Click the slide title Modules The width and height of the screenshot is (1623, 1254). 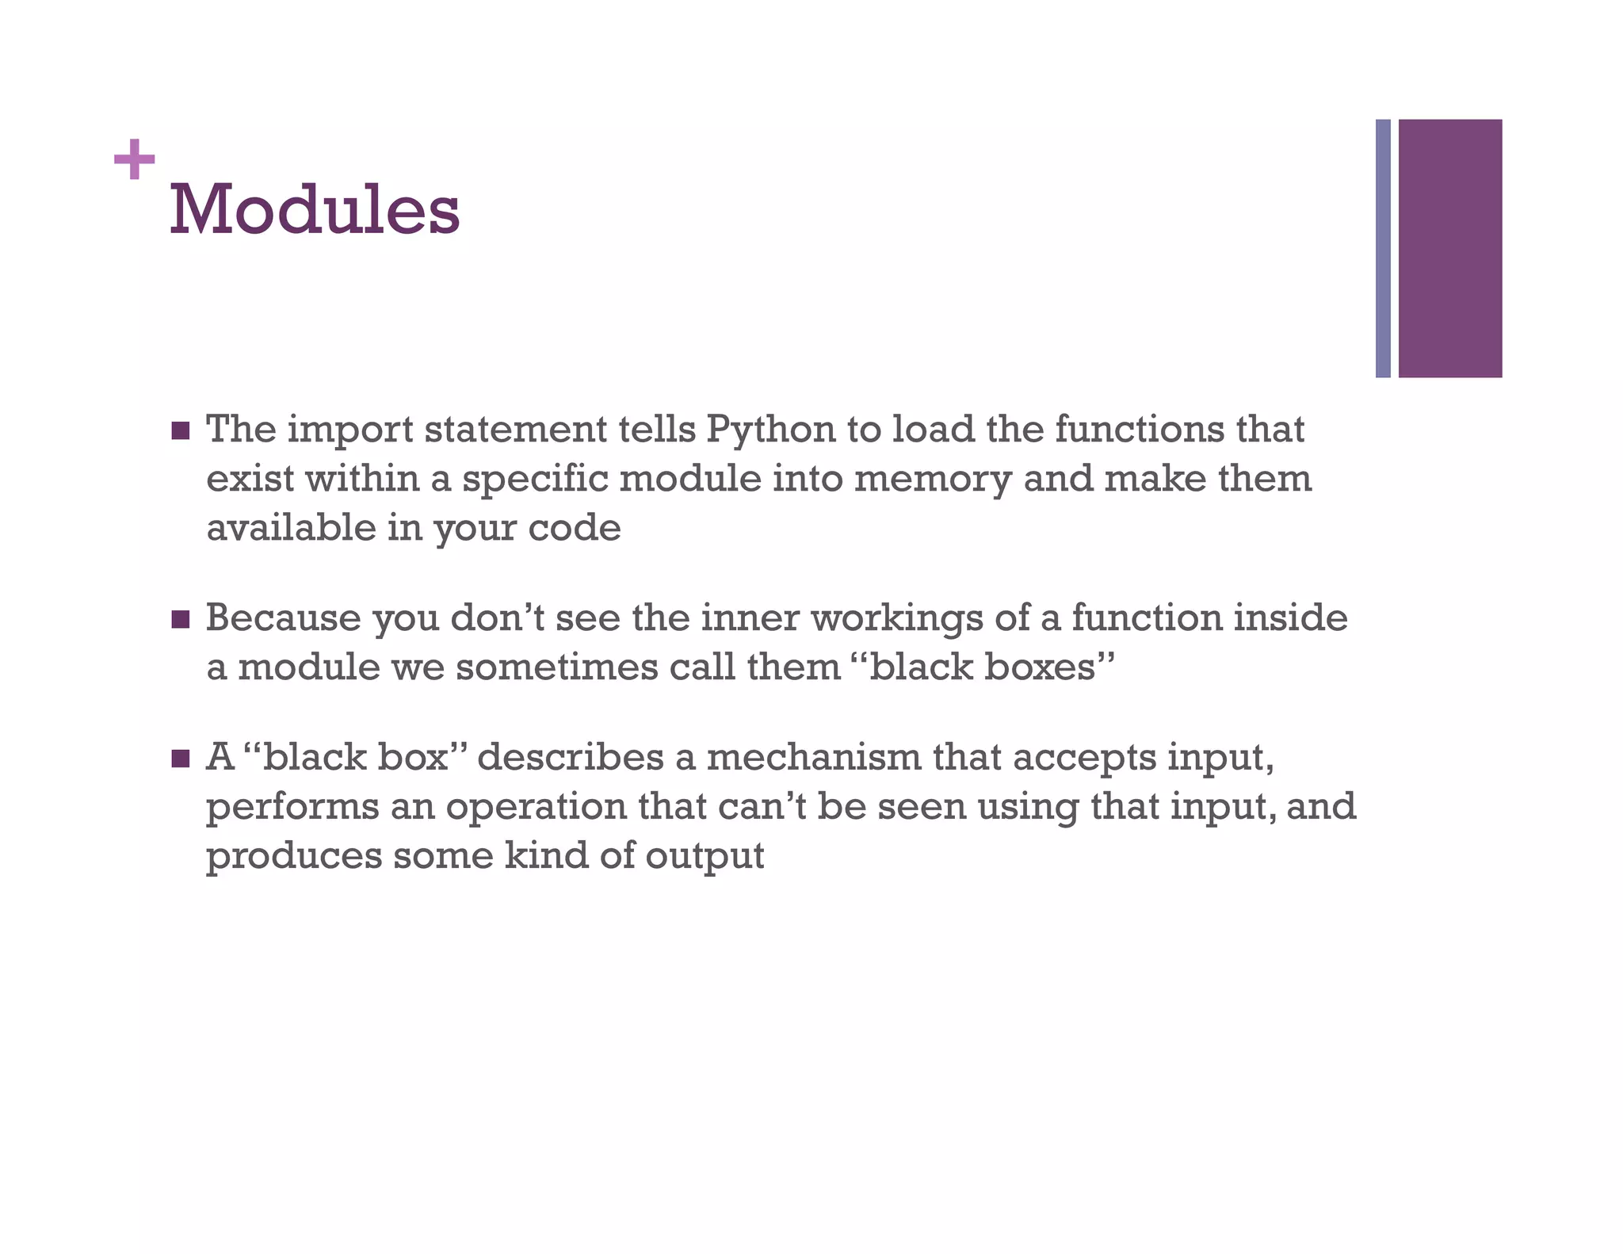click(x=315, y=210)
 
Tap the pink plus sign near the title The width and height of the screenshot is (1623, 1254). click(x=134, y=159)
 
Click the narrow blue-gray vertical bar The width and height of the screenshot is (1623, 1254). click(x=1383, y=248)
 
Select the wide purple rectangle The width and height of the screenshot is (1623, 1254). click(x=1449, y=248)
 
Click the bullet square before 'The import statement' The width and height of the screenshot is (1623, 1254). click(x=181, y=431)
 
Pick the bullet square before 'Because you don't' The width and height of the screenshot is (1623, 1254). click(x=181, y=619)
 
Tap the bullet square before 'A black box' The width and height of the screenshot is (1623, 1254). click(x=181, y=759)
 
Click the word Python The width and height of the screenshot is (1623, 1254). click(x=770, y=430)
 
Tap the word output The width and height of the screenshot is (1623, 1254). click(x=705, y=856)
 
